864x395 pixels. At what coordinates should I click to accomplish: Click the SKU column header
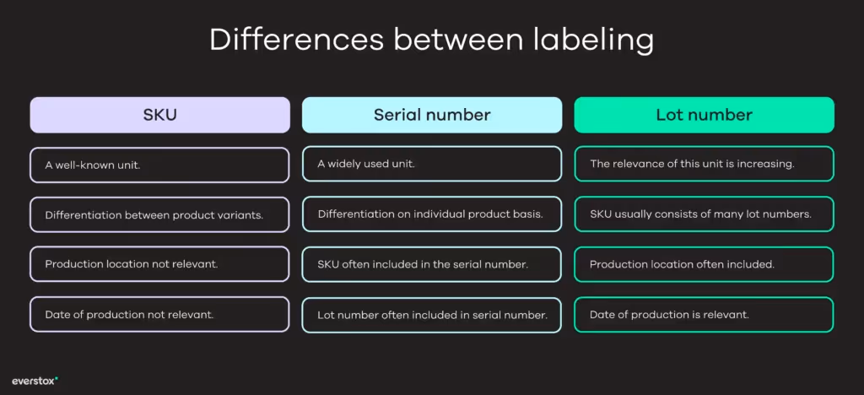pyautogui.click(x=159, y=115)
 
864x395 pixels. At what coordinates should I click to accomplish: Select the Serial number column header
pyautogui.click(x=432, y=115)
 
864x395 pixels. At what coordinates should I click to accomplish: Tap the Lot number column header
pyautogui.click(x=704, y=115)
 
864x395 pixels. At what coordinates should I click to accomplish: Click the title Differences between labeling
pyautogui.click(x=432, y=41)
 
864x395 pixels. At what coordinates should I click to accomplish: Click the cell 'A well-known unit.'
pyautogui.click(x=159, y=165)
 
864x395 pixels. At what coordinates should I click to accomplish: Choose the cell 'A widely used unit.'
pyautogui.click(x=432, y=165)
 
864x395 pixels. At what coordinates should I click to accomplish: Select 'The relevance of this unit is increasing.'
pyautogui.click(x=704, y=165)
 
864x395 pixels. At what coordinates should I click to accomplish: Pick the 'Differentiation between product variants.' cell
pyautogui.click(x=159, y=214)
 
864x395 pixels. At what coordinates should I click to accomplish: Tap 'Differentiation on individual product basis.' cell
pyautogui.click(x=432, y=214)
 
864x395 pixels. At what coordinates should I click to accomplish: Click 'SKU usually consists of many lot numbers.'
pyautogui.click(x=704, y=214)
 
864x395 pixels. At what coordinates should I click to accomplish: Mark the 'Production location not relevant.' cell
pyautogui.click(x=159, y=264)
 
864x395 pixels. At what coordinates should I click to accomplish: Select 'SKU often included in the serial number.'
pyautogui.click(x=432, y=264)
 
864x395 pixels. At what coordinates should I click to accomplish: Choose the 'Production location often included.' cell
pyautogui.click(x=704, y=264)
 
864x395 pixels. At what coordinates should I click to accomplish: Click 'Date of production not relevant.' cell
pyautogui.click(x=159, y=315)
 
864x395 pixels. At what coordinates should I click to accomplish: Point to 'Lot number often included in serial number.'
pyautogui.click(x=432, y=315)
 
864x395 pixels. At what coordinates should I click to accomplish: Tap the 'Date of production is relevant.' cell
pyautogui.click(x=704, y=315)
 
